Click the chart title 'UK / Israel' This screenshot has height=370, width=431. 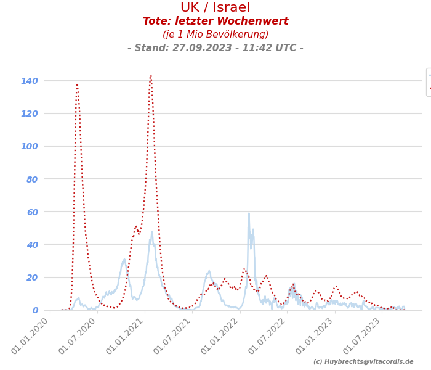[215, 8]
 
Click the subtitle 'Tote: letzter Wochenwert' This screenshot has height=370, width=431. [215, 22]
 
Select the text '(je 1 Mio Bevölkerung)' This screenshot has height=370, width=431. [215, 35]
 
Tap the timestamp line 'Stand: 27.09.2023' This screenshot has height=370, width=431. [215, 48]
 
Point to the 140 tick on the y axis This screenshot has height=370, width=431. [29, 81]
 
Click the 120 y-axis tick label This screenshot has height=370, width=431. [29, 113]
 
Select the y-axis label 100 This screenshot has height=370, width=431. [29, 146]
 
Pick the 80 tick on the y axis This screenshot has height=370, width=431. [31, 179]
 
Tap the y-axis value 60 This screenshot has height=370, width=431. [31, 212]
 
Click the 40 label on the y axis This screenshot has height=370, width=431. [31, 245]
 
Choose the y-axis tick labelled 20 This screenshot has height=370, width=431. [31, 277]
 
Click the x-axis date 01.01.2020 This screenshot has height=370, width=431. [31, 336]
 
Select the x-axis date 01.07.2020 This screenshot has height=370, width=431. [78, 336]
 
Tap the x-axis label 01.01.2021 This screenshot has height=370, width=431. [126, 336]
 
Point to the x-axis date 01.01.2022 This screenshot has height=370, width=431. [220, 336]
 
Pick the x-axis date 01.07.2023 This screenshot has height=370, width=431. [363, 336]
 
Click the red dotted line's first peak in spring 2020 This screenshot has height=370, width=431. [77, 84]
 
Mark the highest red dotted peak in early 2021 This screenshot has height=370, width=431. [150, 76]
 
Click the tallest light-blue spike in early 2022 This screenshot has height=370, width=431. [249, 213]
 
